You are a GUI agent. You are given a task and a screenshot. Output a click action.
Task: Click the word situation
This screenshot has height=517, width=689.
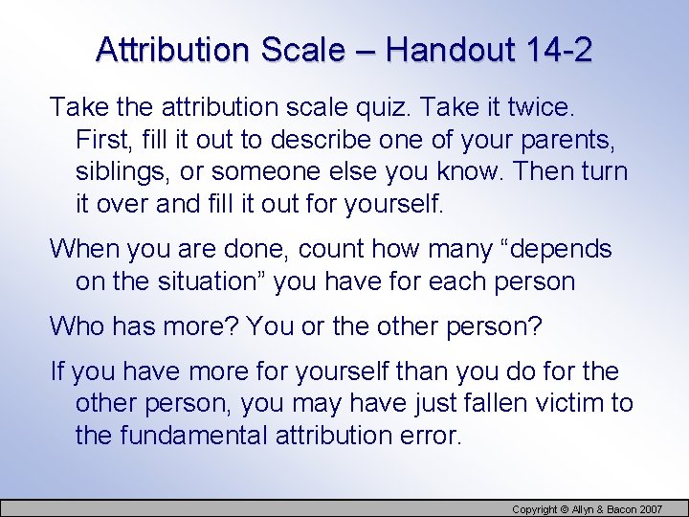point(210,281)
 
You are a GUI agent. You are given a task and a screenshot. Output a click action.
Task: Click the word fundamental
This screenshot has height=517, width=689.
point(191,437)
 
